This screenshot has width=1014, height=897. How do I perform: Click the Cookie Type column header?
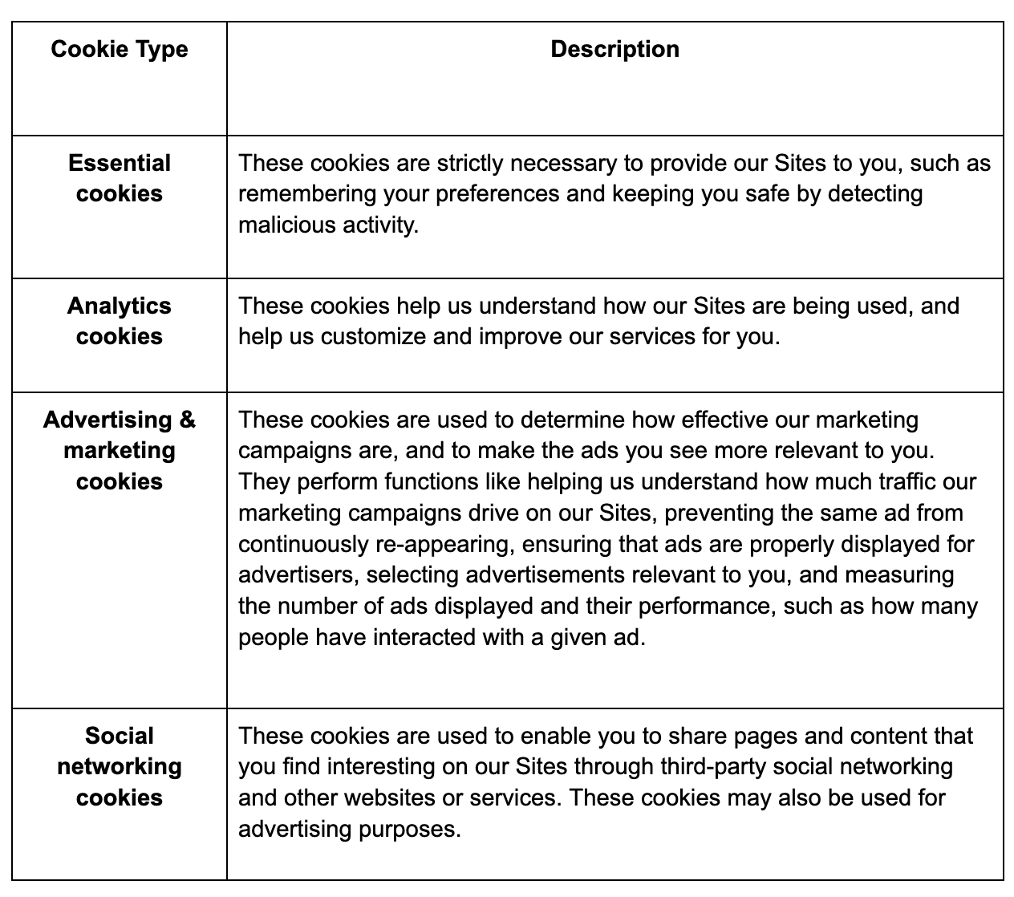coord(119,50)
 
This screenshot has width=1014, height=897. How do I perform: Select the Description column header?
coord(614,50)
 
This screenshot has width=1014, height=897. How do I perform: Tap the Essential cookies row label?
coord(119,178)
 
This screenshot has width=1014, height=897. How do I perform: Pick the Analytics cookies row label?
coord(119,321)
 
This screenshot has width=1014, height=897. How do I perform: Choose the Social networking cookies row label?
coord(119,766)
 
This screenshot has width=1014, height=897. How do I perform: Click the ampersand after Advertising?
coord(186,420)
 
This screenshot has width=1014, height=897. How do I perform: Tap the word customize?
coord(373,337)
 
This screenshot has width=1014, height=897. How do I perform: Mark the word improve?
coord(520,337)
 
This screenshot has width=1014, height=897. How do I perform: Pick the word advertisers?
coord(298,574)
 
